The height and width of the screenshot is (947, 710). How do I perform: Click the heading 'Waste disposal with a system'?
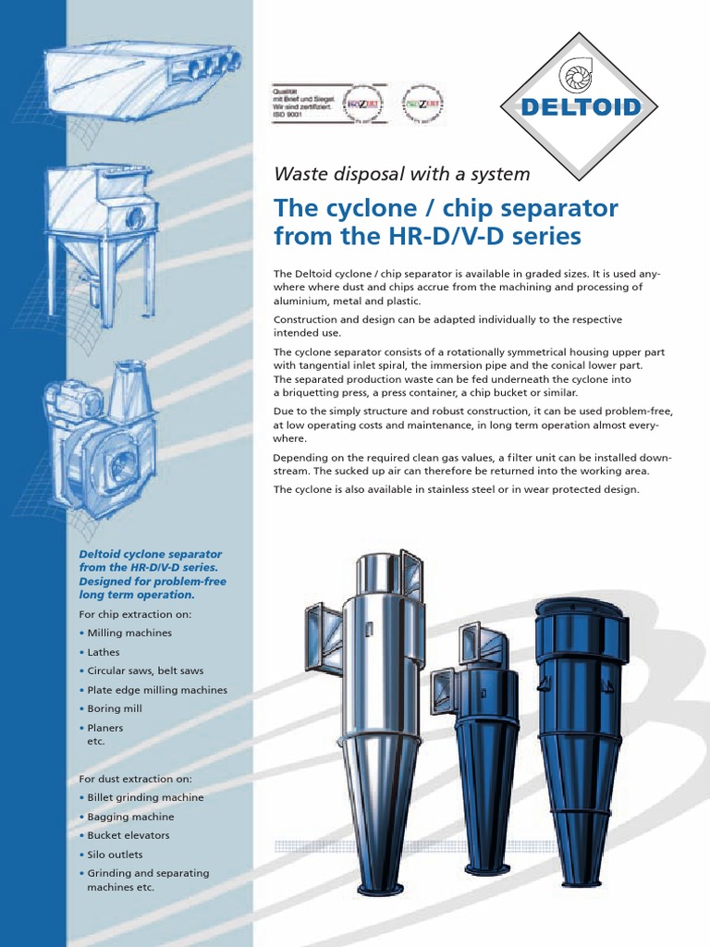pyautogui.click(x=402, y=174)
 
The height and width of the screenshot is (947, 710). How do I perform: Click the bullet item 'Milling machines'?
pyautogui.click(x=129, y=633)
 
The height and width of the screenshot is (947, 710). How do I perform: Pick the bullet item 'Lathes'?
pyautogui.click(x=104, y=652)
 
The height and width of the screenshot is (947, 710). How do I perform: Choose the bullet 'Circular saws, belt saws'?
pyautogui.click(x=145, y=670)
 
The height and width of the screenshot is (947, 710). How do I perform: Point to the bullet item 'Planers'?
pyautogui.click(x=105, y=728)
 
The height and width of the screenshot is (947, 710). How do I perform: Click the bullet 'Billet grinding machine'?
pyautogui.click(x=145, y=797)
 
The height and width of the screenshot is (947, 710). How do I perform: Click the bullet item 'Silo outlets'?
pyautogui.click(x=116, y=855)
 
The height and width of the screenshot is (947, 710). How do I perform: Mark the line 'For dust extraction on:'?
pyautogui.click(x=135, y=779)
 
